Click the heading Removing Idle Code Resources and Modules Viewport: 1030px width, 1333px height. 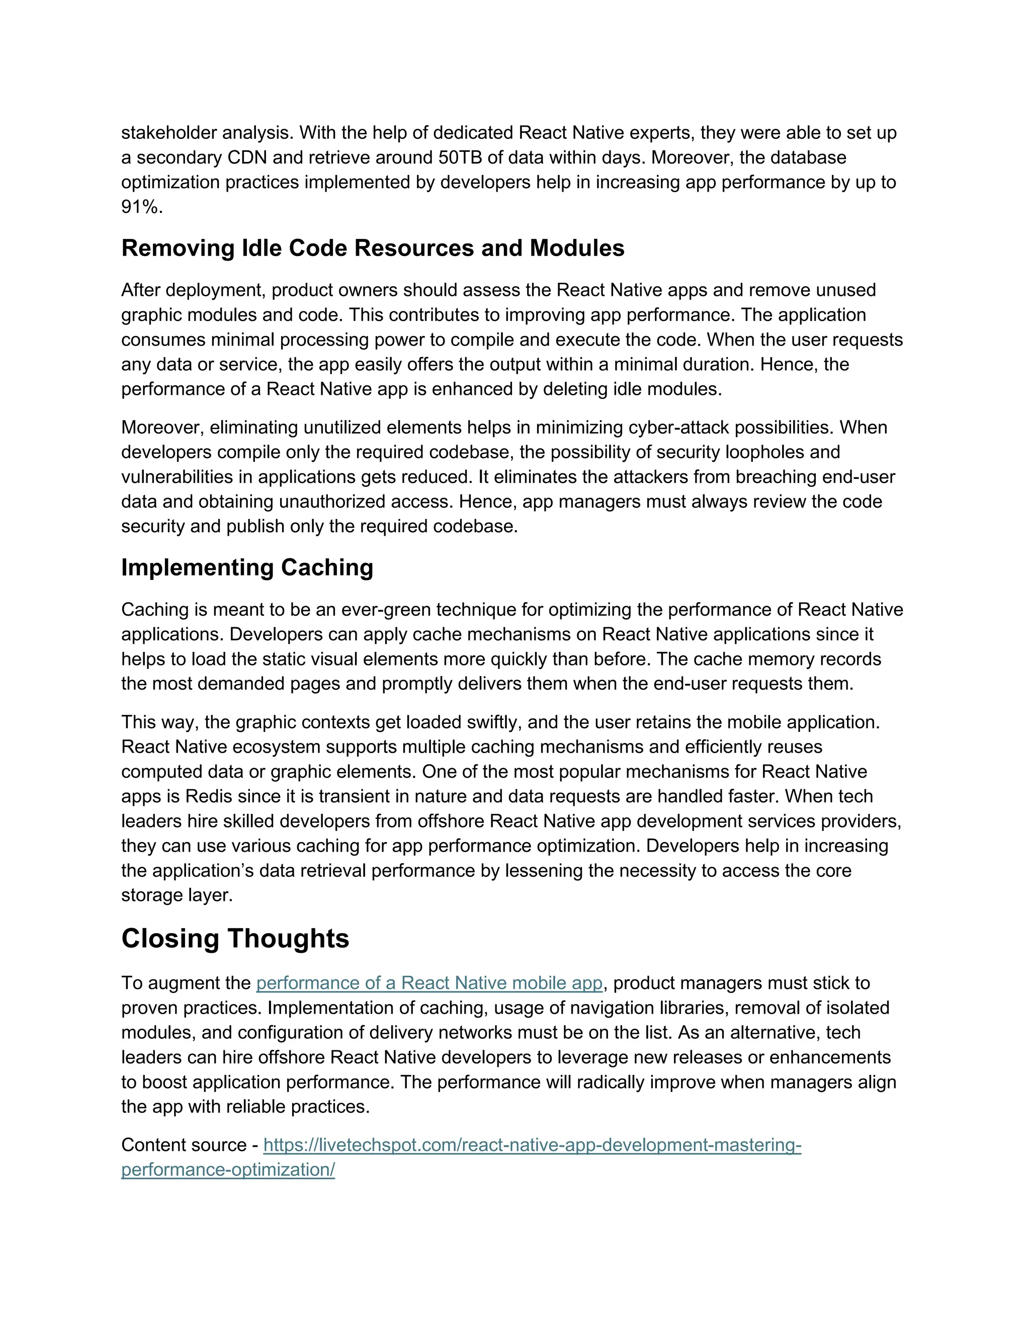(372, 248)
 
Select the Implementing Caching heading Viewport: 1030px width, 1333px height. (247, 567)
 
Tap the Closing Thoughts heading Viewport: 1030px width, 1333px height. (235, 939)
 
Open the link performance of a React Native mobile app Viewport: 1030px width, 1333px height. (429, 983)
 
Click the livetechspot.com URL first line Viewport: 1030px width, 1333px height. (532, 1145)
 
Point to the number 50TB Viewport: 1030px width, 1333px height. (461, 157)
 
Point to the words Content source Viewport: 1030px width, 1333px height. (183, 1145)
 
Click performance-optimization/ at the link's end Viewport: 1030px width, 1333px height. (228, 1170)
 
